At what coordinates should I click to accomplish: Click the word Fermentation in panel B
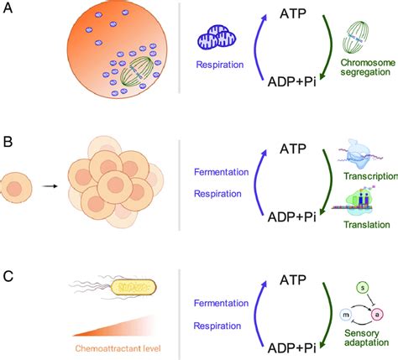coord(221,172)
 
